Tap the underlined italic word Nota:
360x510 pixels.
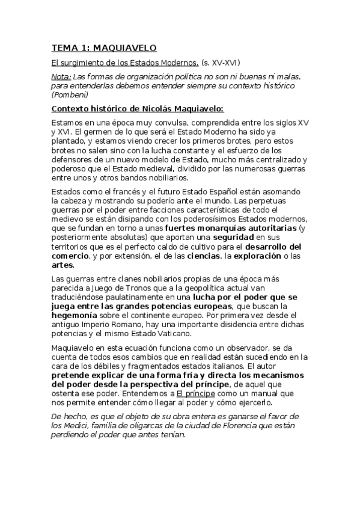coord(61,77)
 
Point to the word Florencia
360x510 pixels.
coord(220,426)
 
